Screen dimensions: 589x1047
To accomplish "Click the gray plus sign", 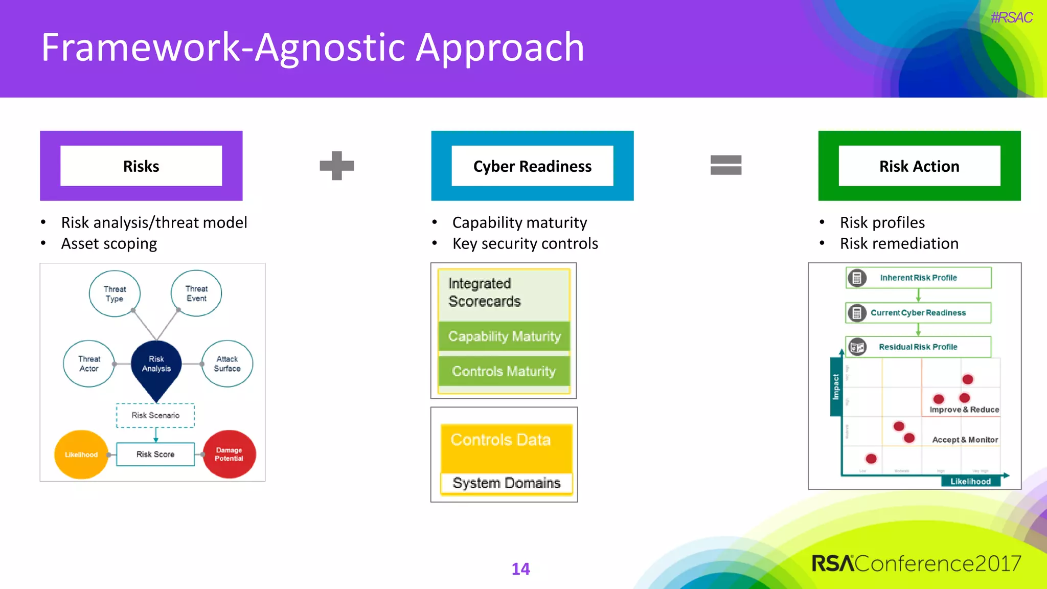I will click(336, 166).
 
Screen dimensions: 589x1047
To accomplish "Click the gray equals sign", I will click(725, 165).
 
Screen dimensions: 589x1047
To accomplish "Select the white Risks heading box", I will click(141, 166).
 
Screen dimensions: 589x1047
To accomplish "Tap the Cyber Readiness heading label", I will click(532, 166).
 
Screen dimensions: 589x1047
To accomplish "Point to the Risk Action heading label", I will click(919, 166).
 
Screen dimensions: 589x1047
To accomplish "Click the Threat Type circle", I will click(115, 293).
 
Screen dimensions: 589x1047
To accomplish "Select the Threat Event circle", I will click(196, 293).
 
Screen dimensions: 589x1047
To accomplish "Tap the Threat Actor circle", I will click(89, 364).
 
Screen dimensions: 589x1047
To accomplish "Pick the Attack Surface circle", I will click(227, 364).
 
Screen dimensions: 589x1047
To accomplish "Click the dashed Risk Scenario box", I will click(155, 415).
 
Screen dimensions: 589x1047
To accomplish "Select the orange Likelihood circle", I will click(81, 455).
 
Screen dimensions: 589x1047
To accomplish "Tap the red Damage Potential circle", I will click(229, 454).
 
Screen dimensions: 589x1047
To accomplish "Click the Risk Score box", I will click(155, 454).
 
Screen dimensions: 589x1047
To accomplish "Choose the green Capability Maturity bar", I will click(504, 336).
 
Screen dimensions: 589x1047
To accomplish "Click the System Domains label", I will click(506, 483).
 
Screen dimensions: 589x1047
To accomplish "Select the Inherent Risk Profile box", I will click(918, 278).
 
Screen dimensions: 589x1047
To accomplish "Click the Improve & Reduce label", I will click(964, 410).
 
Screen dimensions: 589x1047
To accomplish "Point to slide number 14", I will click(520, 569).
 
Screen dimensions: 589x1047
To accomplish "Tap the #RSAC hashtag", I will click(1011, 17).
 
